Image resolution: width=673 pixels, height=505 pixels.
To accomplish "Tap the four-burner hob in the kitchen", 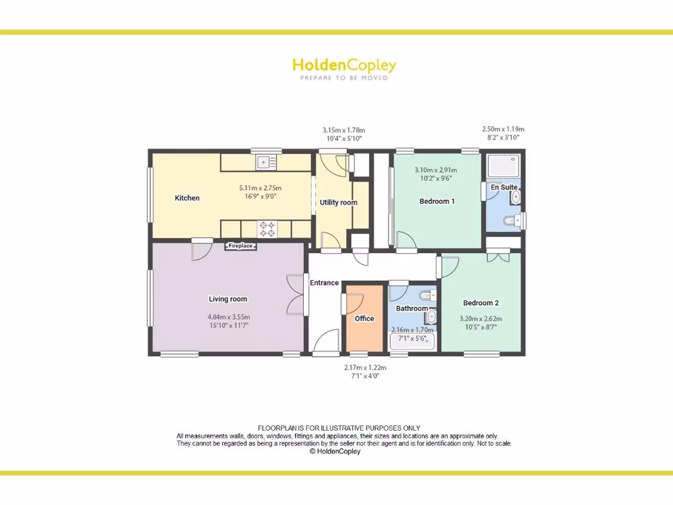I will coord(268,229).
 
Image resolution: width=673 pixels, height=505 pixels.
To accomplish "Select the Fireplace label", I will coord(241,246).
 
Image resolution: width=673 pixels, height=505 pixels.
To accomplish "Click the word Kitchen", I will coord(187,198).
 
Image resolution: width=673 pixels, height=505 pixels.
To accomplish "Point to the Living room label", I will coord(228,299).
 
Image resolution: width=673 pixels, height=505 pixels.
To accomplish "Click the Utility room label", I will coord(338,203).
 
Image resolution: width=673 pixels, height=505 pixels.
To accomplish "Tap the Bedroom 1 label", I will coord(437,201).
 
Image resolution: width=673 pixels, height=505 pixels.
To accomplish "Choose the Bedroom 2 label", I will coord(481,303).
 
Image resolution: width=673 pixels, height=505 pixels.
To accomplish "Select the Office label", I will coord(364,318).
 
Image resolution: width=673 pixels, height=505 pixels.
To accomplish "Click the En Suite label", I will coord(504,187).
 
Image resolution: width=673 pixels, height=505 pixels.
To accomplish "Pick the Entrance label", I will coord(325,283).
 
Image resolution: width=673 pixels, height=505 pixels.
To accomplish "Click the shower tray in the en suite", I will coord(503,165).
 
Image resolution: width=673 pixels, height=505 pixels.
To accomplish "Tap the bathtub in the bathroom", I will coord(412,341).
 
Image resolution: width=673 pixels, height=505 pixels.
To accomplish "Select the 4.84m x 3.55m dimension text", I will coord(228,316).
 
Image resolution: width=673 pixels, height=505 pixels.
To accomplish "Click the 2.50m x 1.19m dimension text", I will coord(503,130).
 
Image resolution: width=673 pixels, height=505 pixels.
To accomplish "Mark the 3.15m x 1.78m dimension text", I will coord(343,130).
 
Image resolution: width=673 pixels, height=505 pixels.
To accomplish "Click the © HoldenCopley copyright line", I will coord(335,452).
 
